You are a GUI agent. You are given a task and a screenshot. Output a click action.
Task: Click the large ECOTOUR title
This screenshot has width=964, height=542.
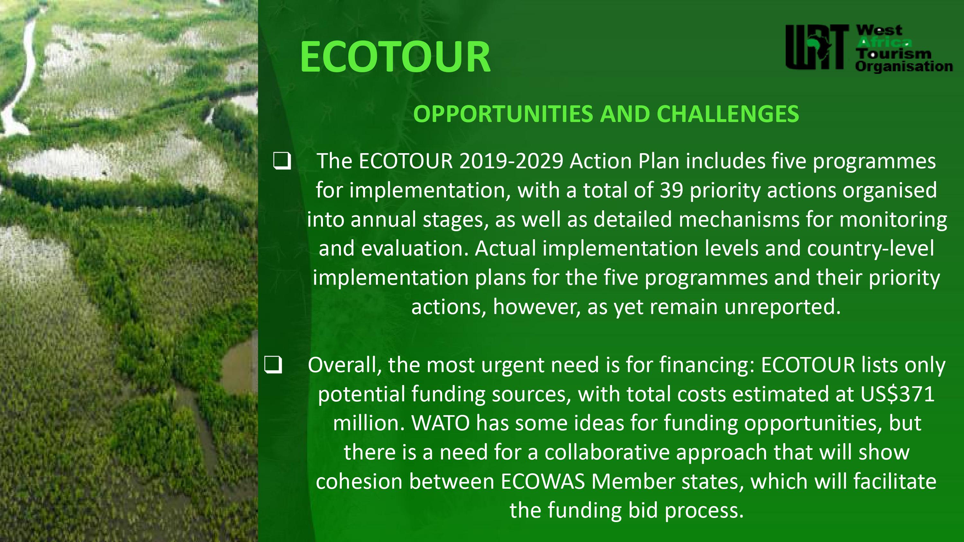pyautogui.click(x=395, y=57)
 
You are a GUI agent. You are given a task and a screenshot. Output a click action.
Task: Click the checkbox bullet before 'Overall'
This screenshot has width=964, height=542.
pyautogui.click(x=273, y=365)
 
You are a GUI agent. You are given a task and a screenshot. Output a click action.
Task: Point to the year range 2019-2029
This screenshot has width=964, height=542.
pyautogui.click(x=511, y=161)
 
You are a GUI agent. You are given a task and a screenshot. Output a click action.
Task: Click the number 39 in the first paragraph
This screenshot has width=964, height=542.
pyautogui.click(x=671, y=190)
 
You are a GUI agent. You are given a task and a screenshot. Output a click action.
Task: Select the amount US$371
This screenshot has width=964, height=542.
pyautogui.click(x=897, y=394)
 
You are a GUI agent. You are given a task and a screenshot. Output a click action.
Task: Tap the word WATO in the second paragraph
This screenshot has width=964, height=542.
pyautogui.click(x=441, y=423)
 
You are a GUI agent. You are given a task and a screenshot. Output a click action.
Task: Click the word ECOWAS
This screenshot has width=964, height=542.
pyautogui.click(x=543, y=481)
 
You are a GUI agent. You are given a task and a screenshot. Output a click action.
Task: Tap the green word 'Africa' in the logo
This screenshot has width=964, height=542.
pyautogui.click(x=884, y=42)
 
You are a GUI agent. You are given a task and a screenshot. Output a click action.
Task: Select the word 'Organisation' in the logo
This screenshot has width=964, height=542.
pyautogui.click(x=904, y=66)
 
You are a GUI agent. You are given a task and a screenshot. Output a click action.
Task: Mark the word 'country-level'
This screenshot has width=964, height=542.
pyautogui.click(x=870, y=249)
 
